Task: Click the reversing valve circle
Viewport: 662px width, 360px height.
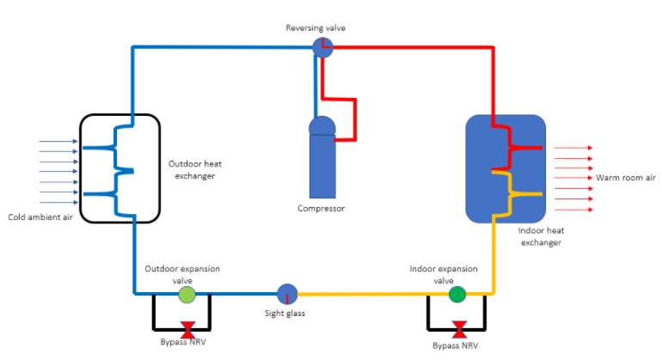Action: (322, 47)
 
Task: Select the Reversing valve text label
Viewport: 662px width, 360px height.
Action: (316, 28)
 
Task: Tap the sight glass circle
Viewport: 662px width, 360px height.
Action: (287, 294)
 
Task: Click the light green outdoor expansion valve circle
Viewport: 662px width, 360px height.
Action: (187, 294)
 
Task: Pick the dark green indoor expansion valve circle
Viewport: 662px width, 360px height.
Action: (457, 294)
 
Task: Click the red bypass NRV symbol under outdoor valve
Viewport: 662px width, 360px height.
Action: (187, 327)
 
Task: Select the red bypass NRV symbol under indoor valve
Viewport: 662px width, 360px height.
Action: (460, 327)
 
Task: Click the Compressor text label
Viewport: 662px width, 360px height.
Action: (322, 209)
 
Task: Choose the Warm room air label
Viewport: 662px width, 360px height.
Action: (626, 178)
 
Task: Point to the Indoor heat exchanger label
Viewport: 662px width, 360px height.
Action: (539, 236)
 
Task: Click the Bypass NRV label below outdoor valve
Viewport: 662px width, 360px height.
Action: (184, 343)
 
